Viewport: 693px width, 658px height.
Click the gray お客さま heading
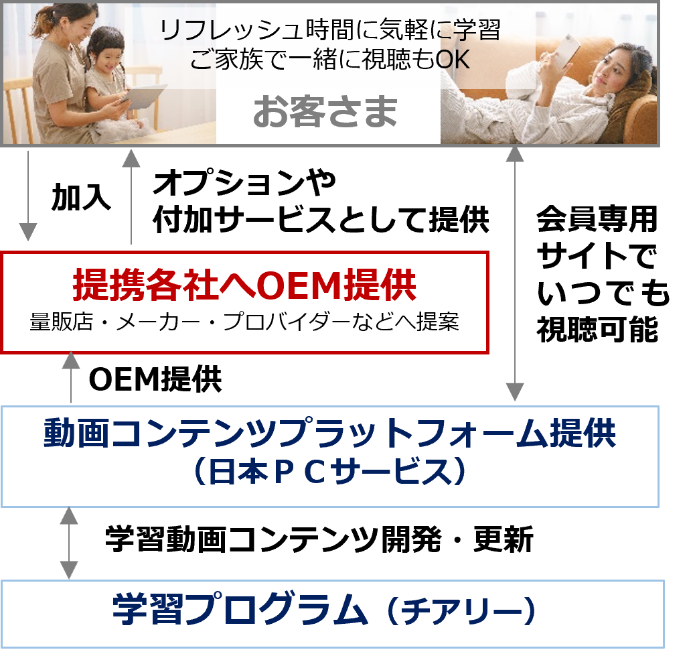point(325,112)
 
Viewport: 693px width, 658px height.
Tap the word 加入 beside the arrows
point(81,197)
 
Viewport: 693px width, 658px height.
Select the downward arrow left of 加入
point(28,196)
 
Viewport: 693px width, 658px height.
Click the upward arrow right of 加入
point(131,197)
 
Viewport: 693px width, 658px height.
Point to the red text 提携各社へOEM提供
point(244,284)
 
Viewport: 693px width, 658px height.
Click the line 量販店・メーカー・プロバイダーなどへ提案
point(244,322)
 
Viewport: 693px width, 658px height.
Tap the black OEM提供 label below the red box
point(155,379)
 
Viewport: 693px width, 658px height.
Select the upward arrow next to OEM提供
point(71,377)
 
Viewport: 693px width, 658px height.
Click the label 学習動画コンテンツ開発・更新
point(319,539)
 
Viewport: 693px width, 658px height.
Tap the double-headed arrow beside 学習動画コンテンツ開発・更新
point(69,543)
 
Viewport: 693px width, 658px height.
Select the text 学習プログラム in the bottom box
point(240,609)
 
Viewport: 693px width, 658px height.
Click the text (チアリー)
point(461,610)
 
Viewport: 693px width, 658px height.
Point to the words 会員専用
point(597,219)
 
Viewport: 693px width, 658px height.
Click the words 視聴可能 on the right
point(597,329)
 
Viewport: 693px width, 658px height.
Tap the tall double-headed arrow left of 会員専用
point(514,274)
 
